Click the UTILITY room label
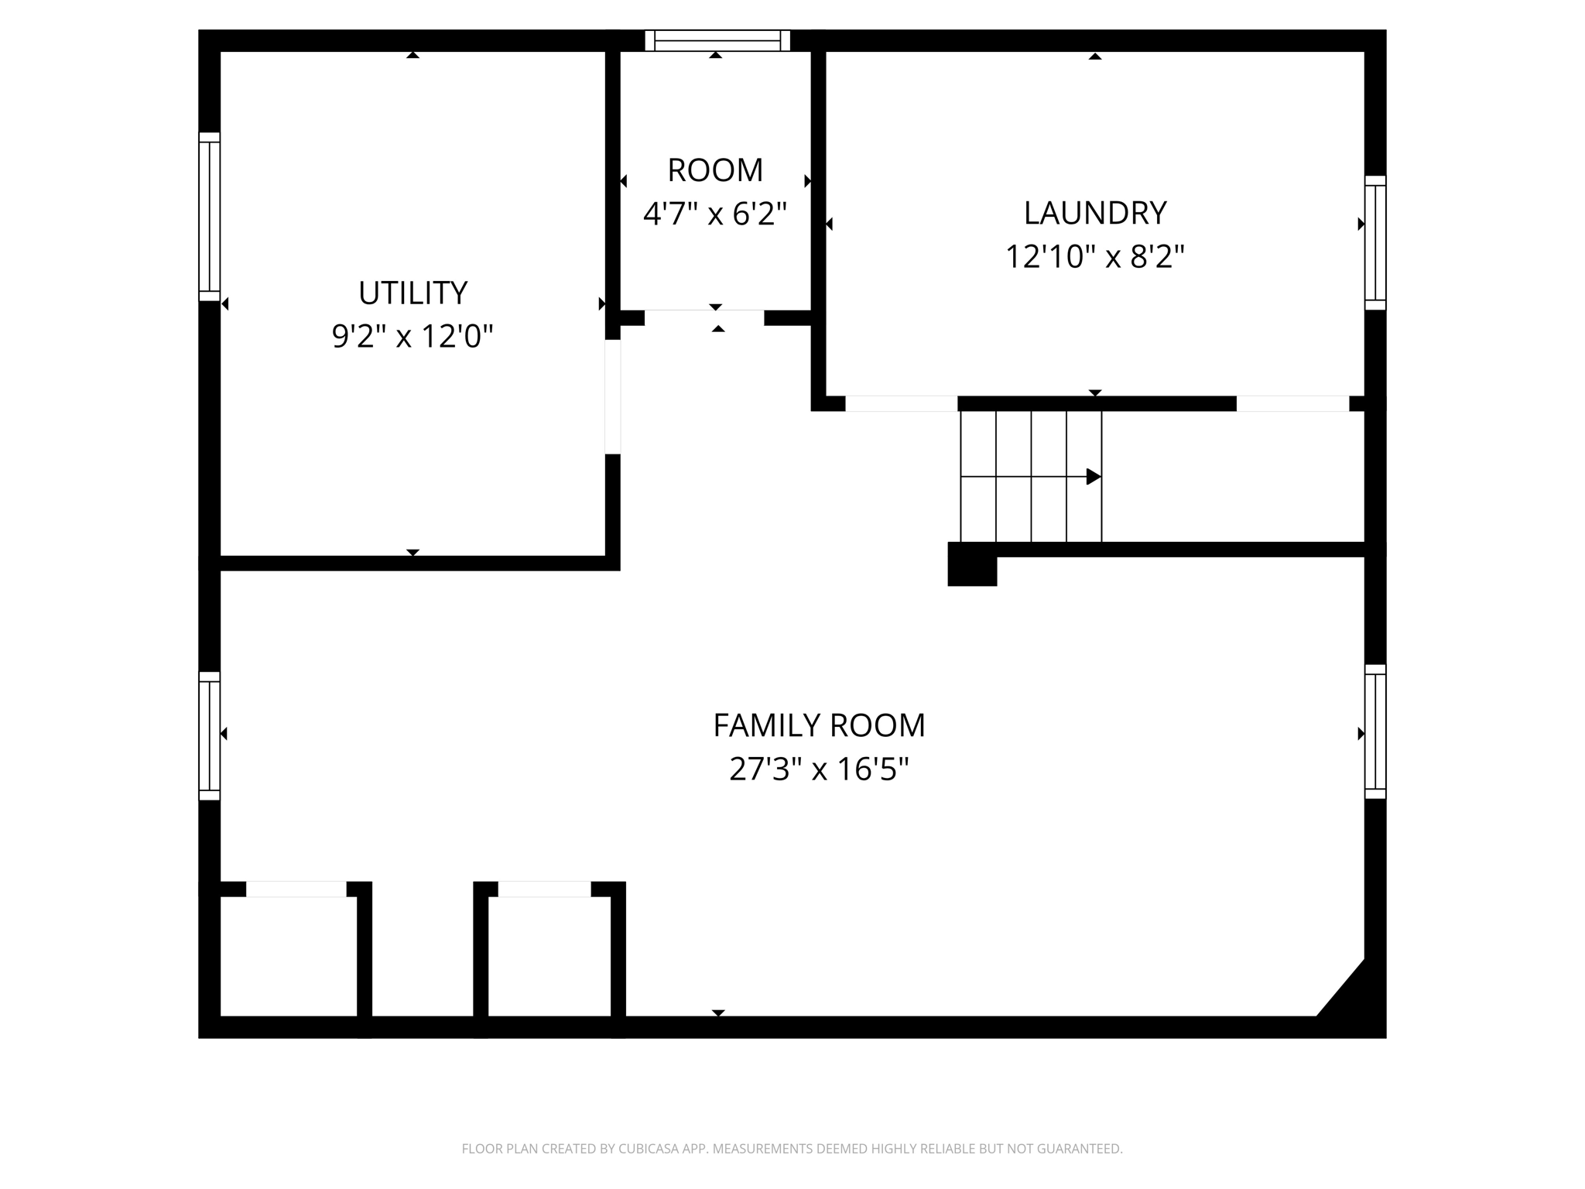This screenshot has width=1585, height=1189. click(x=413, y=293)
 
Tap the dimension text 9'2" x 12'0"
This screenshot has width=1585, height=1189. click(x=413, y=337)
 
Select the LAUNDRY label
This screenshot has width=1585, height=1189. click(x=1094, y=214)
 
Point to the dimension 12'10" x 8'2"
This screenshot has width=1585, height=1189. click(x=1094, y=257)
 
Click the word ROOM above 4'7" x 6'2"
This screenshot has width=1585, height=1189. click(x=715, y=170)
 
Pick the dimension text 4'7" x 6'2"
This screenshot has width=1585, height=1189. click(x=715, y=214)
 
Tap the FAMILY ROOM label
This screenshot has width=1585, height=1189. click(x=819, y=726)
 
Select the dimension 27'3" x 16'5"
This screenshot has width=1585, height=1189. click(x=819, y=769)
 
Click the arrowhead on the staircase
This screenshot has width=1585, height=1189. click(x=1093, y=477)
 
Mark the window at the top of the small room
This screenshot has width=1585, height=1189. click(x=717, y=40)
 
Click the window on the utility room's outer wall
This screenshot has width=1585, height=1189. click(x=209, y=217)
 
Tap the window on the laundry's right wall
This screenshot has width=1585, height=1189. click(x=1374, y=243)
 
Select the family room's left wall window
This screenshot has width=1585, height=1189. click(x=209, y=735)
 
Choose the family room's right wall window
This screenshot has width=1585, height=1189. click(x=1374, y=732)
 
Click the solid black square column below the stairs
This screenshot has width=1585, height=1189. click(x=972, y=565)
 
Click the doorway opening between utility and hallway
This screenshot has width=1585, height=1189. click(x=612, y=396)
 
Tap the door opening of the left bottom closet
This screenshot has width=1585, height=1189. click(x=296, y=889)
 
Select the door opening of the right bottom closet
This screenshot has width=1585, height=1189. click(x=544, y=889)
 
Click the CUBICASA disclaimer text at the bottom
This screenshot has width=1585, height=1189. click(x=792, y=1149)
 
